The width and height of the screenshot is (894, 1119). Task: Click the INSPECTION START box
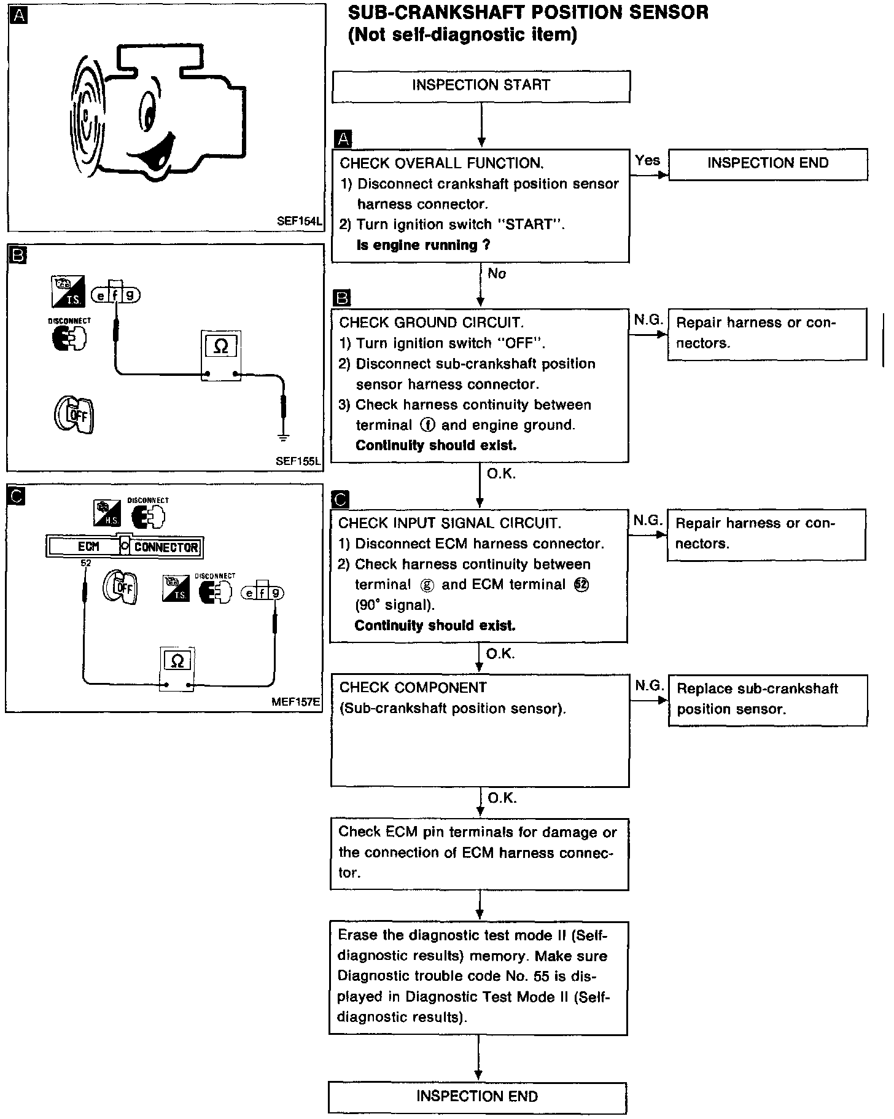(x=481, y=86)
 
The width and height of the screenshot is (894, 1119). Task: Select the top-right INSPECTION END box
(x=768, y=163)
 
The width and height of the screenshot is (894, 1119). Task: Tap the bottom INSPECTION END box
(x=477, y=1096)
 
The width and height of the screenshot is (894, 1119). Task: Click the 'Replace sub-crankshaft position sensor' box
(x=768, y=700)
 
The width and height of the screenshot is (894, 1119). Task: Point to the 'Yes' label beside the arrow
(x=647, y=161)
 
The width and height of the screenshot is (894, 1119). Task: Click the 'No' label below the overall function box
(x=497, y=274)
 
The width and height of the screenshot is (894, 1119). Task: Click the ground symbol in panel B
(x=283, y=437)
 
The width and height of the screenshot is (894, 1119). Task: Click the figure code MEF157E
(x=297, y=702)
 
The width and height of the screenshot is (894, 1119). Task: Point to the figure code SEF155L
(x=298, y=461)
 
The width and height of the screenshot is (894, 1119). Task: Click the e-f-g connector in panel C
(x=262, y=592)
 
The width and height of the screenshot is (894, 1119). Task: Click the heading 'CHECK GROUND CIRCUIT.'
(x=431, y=323)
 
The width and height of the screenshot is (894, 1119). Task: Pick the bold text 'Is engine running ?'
(x=423, y=246)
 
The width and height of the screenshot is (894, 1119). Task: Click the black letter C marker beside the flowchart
(x=340, y=499)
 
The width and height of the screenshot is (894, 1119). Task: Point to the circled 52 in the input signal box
(x=581, y=585)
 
